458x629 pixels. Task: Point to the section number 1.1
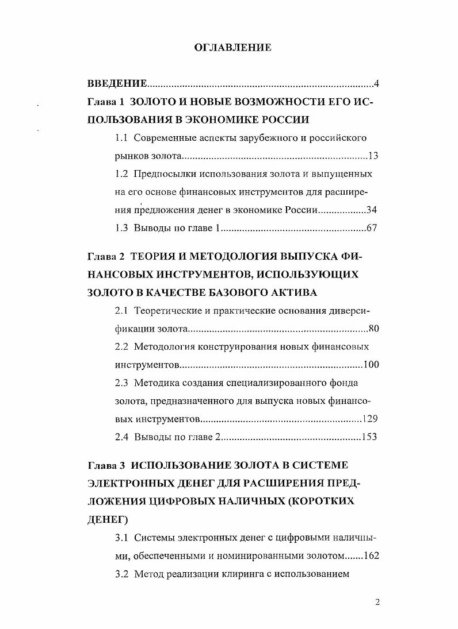tap(121, 138)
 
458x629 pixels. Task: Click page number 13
tap(373, 156)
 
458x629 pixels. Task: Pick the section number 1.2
tap(121, 173)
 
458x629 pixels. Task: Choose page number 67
tap(372, 228)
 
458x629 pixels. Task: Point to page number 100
tap(371, 365)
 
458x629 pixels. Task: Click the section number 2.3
tap(121, 383)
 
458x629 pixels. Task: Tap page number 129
tap(369, 418)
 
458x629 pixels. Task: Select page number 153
tap(369, 437)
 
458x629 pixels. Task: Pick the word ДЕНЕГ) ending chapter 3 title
tap(108, 519)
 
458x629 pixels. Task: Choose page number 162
tap(369, 555)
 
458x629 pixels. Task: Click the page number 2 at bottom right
tap(377, 602)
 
